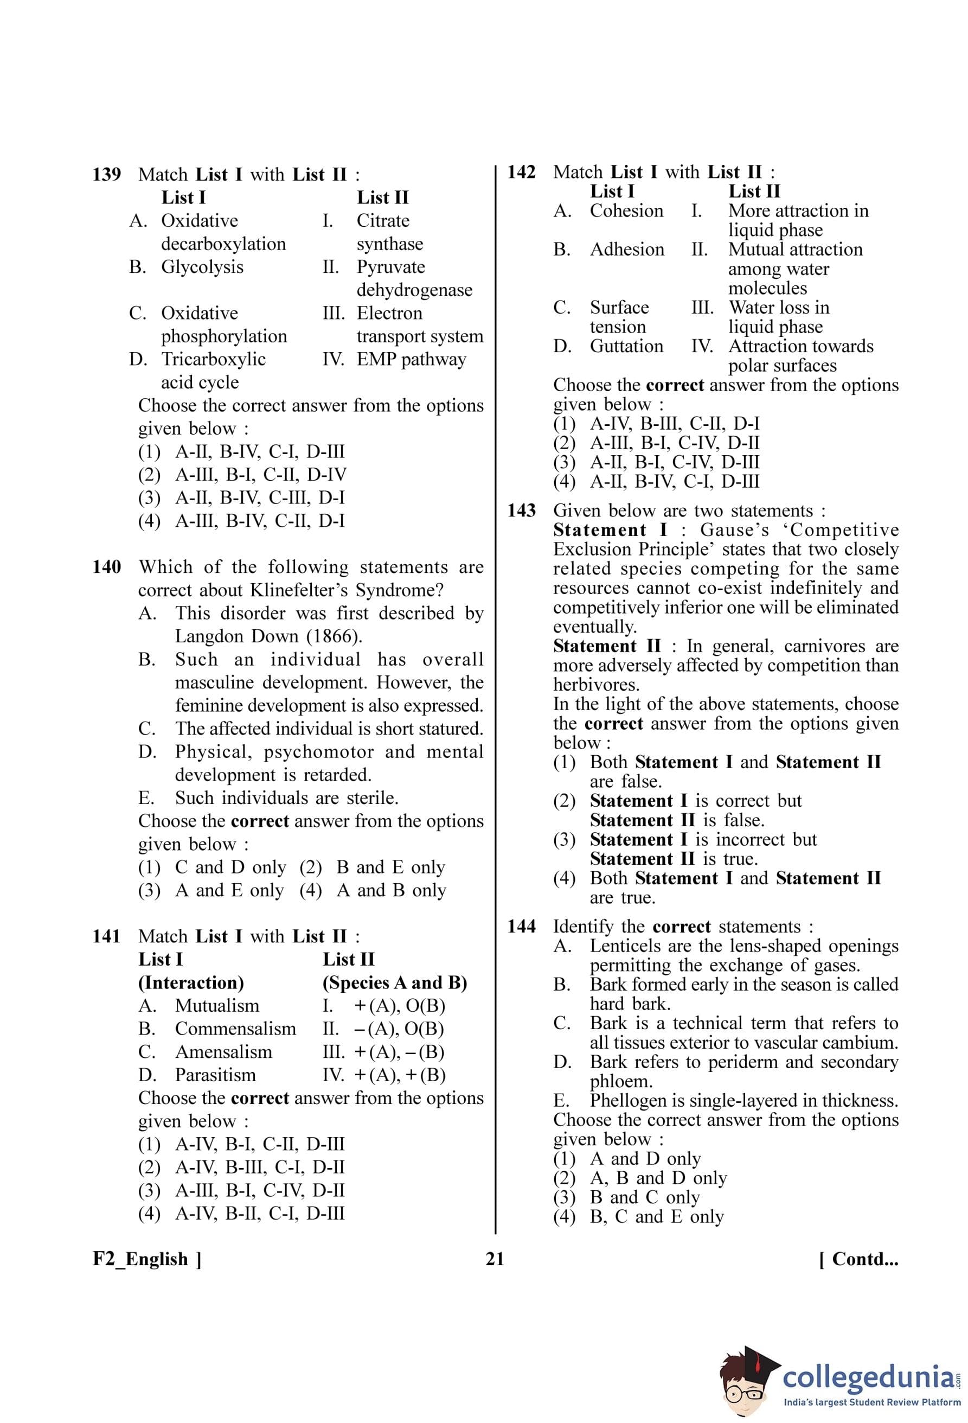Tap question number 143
(x=521, y=510)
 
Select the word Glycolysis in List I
(x=202, y=267)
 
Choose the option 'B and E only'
(x=390, y=867)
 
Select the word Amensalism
(x=223, y=1051)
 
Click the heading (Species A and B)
(x=395, y=982)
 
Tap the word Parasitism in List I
(x=215, y=1075)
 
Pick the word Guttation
(x=626, y=346)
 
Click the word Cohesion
(x=626, y=210)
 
